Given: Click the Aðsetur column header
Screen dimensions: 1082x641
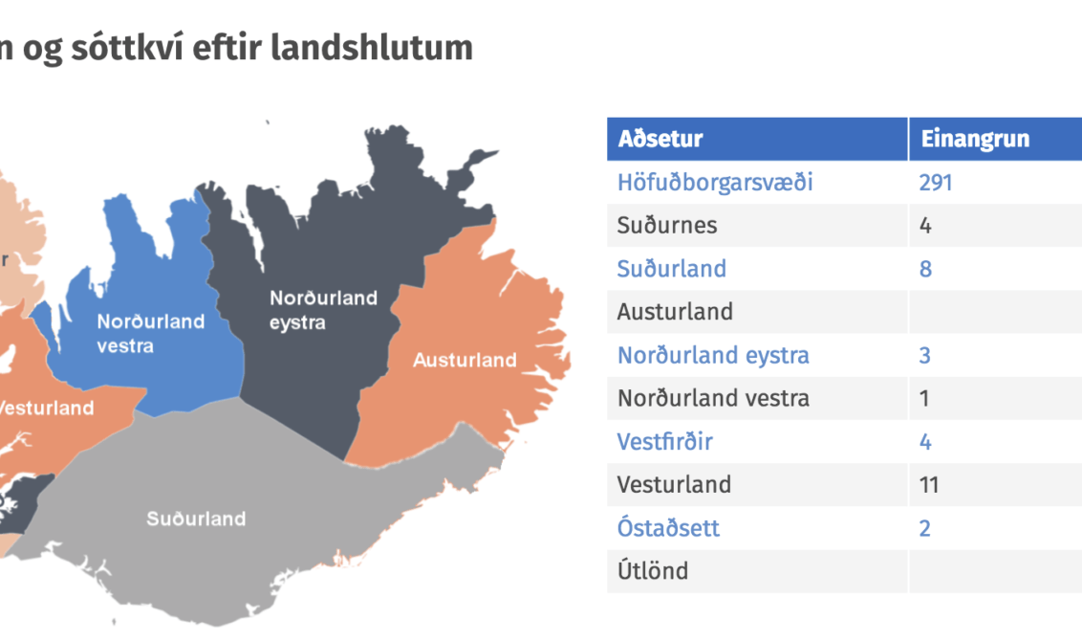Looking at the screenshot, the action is [660, 139].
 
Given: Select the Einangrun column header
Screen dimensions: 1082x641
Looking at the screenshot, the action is [975, 139].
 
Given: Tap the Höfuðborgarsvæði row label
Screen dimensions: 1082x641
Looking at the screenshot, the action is [715, 183].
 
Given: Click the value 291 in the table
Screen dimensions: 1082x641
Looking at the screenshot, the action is [936, 183].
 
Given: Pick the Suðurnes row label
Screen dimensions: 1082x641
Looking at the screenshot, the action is [666, 225].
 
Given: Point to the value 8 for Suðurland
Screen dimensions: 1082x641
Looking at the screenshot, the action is [925, 269].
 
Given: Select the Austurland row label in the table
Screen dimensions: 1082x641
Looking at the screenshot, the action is [675, 312].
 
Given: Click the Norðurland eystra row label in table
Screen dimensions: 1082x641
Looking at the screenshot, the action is [713, 355].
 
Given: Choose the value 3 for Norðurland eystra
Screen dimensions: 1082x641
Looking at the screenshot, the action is [924, 355].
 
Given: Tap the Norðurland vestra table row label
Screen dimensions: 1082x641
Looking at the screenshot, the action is [713, 398].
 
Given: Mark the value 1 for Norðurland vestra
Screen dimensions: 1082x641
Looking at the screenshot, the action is [924, 398].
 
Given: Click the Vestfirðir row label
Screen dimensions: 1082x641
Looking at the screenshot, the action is [664, 441].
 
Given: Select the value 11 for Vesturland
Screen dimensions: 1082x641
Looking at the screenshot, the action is [929, 484].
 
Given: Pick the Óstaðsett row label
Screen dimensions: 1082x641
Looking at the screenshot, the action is [668, 528].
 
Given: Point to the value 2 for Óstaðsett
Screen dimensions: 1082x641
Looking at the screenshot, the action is [925, 528].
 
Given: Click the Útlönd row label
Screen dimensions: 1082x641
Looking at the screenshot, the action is [652, 570].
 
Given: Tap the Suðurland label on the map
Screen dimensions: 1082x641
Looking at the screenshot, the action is [196, 519].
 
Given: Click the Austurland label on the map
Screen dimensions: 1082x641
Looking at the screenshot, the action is [465, 360].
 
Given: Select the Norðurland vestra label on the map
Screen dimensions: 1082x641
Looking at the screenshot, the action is [150, 333].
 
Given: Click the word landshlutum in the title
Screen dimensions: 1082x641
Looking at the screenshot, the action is [371, 48].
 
